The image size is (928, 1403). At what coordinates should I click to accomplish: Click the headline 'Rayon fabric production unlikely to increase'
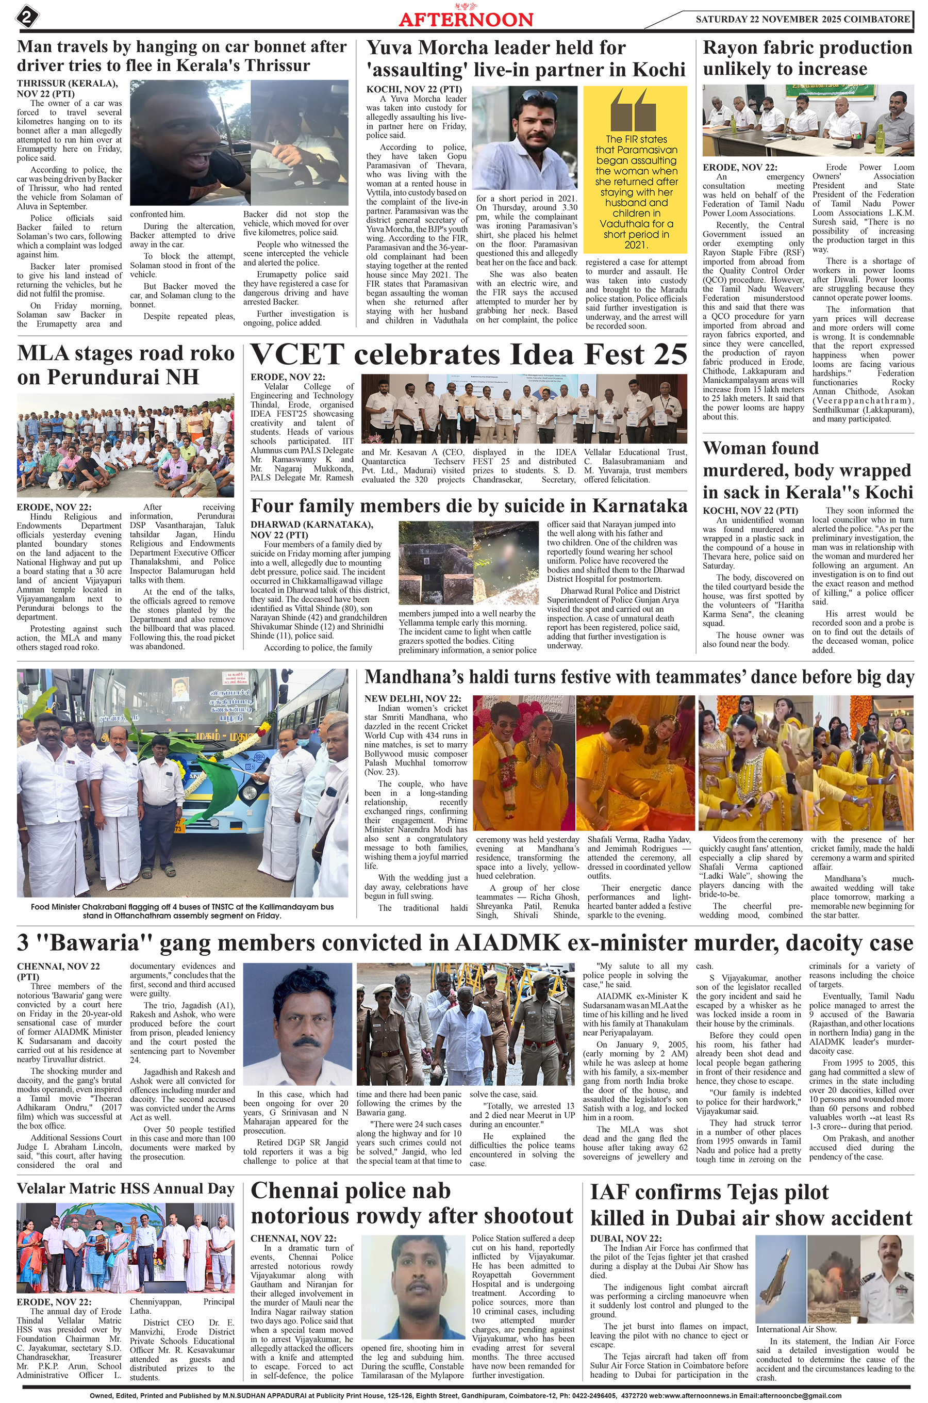point(807,58)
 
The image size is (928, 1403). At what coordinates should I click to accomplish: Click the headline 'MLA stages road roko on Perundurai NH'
point(125,365)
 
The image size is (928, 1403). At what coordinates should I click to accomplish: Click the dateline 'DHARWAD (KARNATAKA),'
point(311,525)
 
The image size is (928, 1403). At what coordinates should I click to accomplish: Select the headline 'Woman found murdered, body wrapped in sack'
point(807,470)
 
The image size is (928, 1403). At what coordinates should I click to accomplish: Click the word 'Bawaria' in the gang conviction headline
point(95,942)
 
